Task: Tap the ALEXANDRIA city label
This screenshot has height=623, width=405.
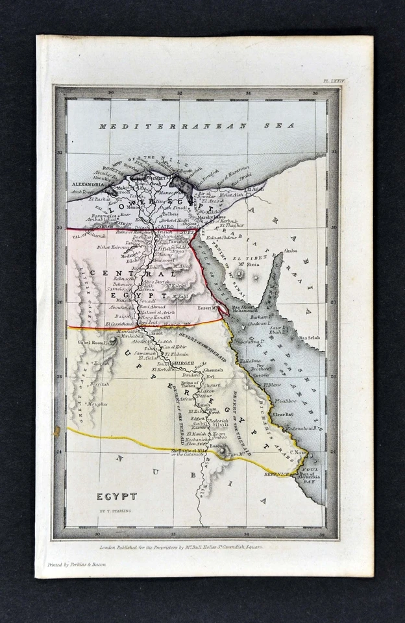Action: [87, 184]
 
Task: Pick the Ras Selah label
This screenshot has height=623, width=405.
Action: [309, 337]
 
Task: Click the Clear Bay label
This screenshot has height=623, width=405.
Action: [284, 413]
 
